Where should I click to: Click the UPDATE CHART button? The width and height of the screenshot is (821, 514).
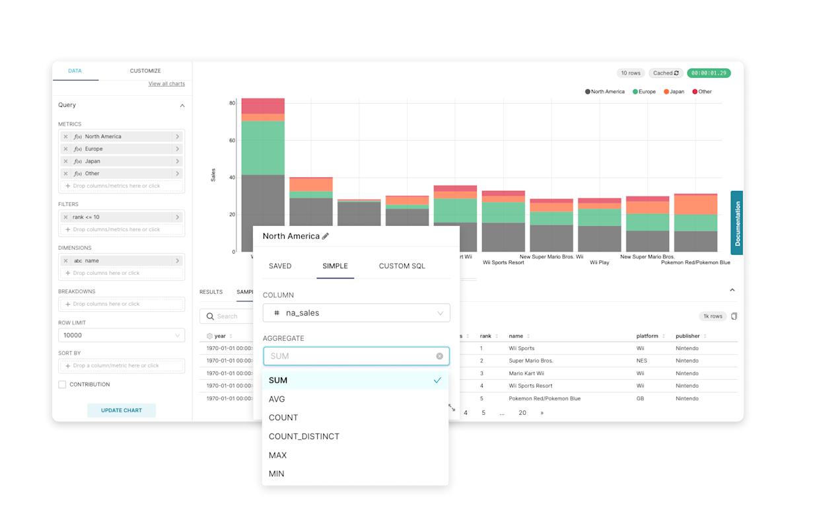coord(122,410)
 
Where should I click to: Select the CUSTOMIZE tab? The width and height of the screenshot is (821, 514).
coord(145,71)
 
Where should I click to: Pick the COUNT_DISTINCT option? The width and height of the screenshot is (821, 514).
coord(304,437)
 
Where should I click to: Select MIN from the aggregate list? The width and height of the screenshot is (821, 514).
coord(277,474)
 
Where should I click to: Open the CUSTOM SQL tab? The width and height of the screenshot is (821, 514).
coord(402,266)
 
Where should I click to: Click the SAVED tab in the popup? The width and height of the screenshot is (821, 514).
coord(280,266)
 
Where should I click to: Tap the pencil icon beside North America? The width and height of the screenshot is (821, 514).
coord(325,237)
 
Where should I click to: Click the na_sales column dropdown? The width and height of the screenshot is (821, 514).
coord(356,313)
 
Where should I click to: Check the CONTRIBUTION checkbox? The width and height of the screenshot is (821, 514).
coord(62,385)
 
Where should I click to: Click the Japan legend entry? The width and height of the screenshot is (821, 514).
coord(674,92)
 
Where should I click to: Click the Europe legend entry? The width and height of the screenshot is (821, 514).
coord(644,92)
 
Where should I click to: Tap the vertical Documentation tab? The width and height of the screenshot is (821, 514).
coord(737,223)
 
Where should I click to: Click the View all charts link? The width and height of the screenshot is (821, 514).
coord(166,84)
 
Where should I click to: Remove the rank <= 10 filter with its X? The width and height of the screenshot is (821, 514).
coord(65,217)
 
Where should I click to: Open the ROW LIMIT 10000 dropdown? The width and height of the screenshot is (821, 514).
coord(121,336)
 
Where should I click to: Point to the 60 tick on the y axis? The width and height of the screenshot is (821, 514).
coord(232,141)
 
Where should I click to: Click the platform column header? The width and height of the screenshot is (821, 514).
coord(647,336)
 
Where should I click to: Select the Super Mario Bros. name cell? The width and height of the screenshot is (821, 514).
coord(530,361)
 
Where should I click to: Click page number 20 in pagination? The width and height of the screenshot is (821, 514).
coord(522,413)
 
